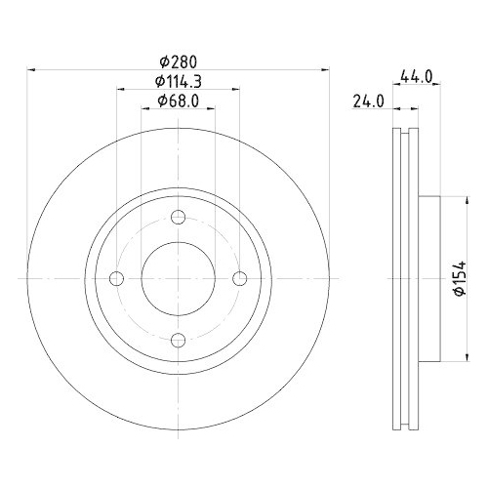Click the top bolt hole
click(x=179, y=217)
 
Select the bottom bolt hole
click(x=179, y=340)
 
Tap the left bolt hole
click(x=117, y=279)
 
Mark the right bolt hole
click(x=240, y=279)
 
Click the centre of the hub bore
click(x=179, y=279)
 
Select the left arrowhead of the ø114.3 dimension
click(x=120, y=89)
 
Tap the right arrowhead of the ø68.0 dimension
click(x=213, y=107)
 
